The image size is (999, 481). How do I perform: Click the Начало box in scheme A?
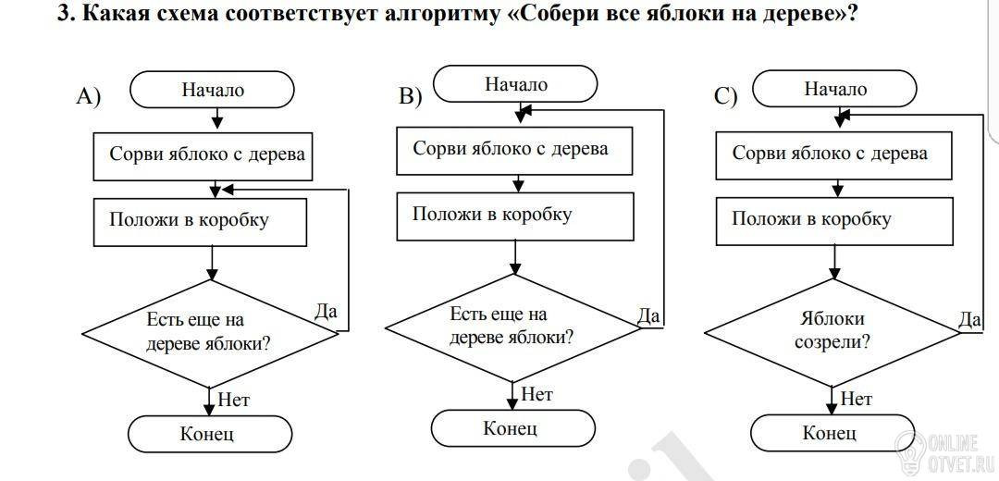click(x=212, y=90)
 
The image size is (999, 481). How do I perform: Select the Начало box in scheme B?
click(x=515, y=83)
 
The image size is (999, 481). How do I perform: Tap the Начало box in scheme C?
click(x=834, y=88)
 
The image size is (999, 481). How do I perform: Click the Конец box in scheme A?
click(x=210, y=435)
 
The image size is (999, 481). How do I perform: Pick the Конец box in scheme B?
click(x=513, y=428)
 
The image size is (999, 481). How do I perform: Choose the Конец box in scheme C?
click(x=832, y=433)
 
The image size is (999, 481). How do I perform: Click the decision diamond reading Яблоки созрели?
click(x=832, y=332)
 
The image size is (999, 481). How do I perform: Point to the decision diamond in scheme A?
click(x=210, y=333)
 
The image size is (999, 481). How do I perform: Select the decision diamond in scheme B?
click(x=512, y=327)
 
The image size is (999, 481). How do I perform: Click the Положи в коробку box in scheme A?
click(x=201, y=222)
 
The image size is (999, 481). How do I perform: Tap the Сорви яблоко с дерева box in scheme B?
click(x=515, y=151)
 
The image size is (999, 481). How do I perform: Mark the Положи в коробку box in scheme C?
click(x=834, y=220)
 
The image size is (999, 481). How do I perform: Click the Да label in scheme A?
click(x=326, y=311)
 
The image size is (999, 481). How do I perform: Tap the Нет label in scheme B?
click(x=536, y=394)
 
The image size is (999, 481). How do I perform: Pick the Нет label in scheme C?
click(x=856, y=399)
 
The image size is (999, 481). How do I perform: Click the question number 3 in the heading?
click(x=63, y=13)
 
